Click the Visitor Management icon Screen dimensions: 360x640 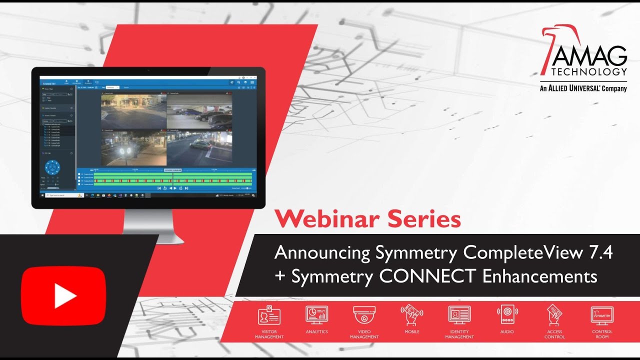(269, 316)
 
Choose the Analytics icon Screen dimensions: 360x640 (316, 315)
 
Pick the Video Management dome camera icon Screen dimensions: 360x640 (364, 315)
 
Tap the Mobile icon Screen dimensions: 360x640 (411, 315)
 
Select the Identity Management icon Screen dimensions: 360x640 (459, 315)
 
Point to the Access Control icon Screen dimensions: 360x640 (554, 315)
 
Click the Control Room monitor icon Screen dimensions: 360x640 (602, 315)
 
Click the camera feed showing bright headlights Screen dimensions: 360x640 (133, 149)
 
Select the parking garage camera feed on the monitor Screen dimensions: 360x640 (199, 111)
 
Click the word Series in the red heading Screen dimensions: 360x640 (430, 219)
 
